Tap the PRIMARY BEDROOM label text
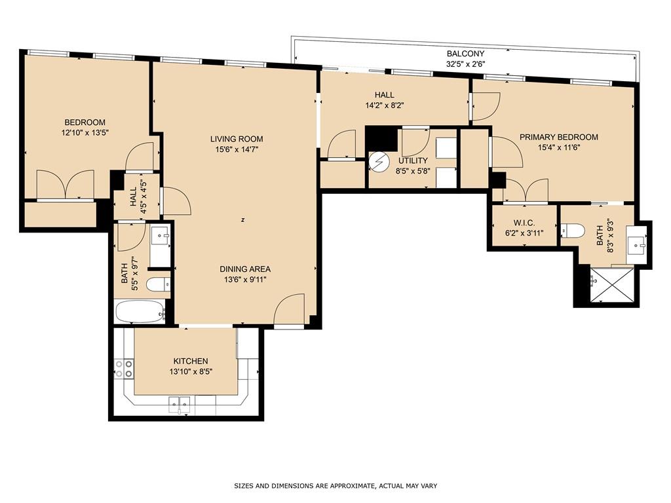point(558,138)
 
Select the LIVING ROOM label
point(237,139)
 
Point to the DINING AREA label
point(245,269)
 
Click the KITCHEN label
point(191,362)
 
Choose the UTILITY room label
point(413,161)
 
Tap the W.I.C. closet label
point(524,223)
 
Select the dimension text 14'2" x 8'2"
point(385,105)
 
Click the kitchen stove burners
point(124,369)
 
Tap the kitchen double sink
point(180,404)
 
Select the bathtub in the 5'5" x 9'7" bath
point(140,311)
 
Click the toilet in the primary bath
point(573,230)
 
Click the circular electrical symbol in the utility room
point(378,162)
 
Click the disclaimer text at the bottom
point(335,486)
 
